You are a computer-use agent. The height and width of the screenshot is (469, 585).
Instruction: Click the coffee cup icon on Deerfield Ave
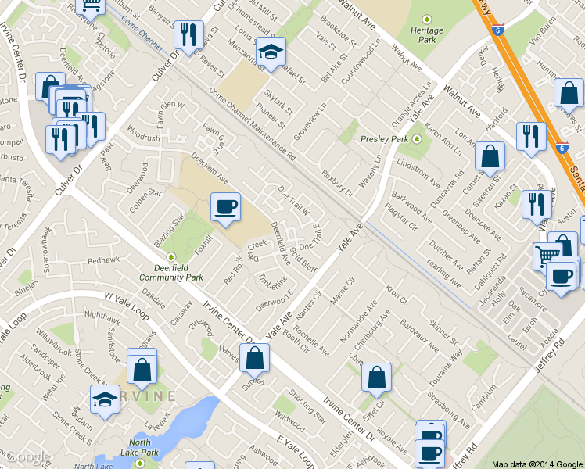225,206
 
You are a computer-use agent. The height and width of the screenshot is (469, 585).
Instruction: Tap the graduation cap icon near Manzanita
271,52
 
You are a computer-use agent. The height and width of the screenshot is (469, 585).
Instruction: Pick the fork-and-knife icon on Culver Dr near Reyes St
187,34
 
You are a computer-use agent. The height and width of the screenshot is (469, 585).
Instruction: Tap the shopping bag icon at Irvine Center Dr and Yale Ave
255,358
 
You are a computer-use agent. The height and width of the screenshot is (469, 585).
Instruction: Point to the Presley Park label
385,139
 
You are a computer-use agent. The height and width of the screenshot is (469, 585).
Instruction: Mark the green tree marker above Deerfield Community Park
171,256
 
